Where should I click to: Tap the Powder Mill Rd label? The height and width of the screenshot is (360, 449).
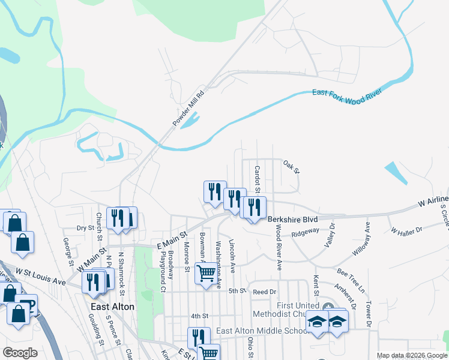click(189, 108)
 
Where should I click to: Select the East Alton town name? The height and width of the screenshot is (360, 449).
click(112, 307)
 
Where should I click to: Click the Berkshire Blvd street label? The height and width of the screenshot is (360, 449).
click(292, 220)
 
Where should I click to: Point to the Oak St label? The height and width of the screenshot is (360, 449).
click(291, 164)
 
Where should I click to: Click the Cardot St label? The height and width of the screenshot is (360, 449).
click(257, 179)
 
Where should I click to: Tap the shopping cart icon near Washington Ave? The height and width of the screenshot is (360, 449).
click(206, 273)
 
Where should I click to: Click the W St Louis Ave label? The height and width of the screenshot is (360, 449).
click(41, 277)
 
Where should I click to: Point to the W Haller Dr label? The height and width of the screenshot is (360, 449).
click(406, 230)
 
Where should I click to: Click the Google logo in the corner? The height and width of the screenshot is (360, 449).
click(19, 352)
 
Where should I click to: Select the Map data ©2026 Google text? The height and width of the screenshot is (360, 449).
click(412, 355)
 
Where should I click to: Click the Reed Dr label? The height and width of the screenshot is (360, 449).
click(264, 292)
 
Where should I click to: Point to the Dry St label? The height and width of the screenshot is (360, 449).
click(86, 228)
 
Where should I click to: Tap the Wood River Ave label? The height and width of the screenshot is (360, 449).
click(279, 244)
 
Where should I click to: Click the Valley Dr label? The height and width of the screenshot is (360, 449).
click(330, 233)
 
